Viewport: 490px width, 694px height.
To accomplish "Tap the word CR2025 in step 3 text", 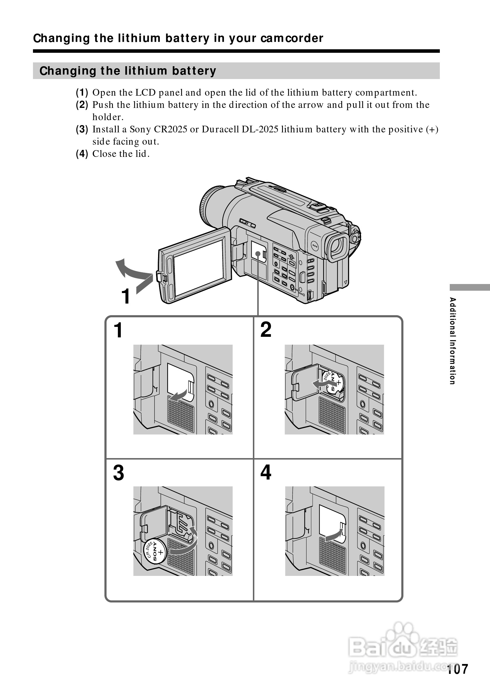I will (170, 129).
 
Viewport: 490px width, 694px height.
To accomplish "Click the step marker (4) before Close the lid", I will (82, 154).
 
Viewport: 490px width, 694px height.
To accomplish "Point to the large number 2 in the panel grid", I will (266, 330).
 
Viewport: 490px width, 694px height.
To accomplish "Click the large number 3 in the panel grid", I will (118, 473).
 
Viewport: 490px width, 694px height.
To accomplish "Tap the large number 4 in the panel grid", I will (266, 472).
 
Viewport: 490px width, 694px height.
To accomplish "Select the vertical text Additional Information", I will (452, 341).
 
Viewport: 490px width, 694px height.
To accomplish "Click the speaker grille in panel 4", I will (332, 556).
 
